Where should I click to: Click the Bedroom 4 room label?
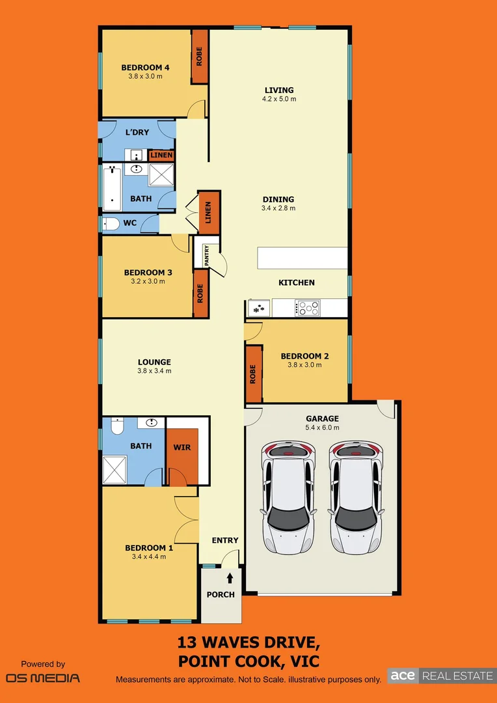[x=145, y=67]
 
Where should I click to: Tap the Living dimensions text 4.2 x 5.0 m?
[x=278, y=100]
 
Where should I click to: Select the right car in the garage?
[x=355, y=497]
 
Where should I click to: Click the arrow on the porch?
[x=230, y=577]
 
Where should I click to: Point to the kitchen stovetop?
[x=307, y=307]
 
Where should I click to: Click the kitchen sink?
[x=258, y=308]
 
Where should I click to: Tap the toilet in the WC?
[x=112, y=224]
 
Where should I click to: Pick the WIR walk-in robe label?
[x=181, y=447]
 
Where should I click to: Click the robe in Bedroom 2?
[x=253, y=374]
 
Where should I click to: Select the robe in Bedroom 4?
[x=199, y=57]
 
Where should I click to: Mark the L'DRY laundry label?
[x=137, y=132]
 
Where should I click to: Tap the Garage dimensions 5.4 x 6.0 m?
[x=322, y=428]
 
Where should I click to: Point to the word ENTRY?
[x=225, y=540]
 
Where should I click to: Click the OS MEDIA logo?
[x=43, y=677]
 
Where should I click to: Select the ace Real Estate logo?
[x=440, y=676]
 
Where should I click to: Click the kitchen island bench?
[x=302, y=258]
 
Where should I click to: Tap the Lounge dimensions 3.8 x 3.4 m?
[x=154, y=371]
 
